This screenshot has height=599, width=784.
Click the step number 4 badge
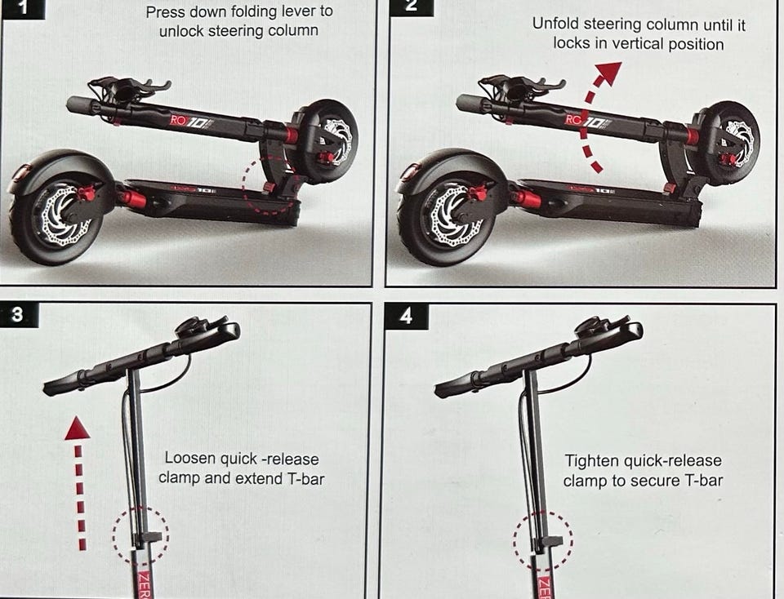[x=407, y=316]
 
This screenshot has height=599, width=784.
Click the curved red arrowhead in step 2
[x=608, y=73]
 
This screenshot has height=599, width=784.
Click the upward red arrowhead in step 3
[x=78, y=429]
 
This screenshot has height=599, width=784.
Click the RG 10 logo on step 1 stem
[x=189, y=122]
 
